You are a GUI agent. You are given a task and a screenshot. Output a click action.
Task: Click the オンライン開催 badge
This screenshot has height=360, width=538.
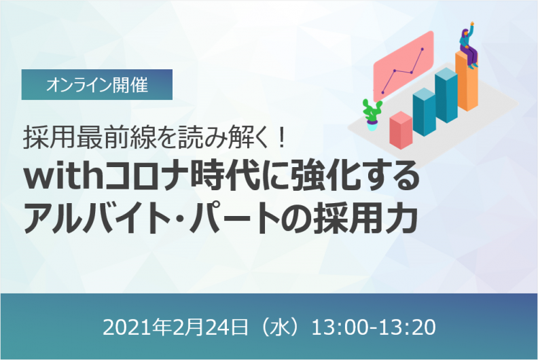click(x=97, y=86)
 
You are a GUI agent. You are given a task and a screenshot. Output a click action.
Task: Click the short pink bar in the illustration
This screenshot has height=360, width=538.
click(x=400, y=130)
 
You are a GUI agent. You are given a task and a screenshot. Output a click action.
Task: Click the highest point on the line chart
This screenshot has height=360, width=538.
click(x=423, y=50)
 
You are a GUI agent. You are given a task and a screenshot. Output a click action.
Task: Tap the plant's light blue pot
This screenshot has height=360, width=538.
click(x=372, y=124)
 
